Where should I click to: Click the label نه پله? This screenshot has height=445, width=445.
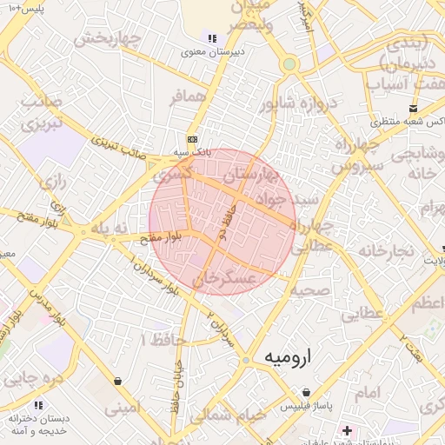[110, 228]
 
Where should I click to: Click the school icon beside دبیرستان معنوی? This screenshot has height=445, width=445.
[210, 37]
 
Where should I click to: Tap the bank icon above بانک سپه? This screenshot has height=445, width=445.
[192, 139]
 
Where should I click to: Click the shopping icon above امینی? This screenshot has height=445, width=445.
[117, 381]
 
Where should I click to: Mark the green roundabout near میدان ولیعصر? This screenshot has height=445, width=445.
[289, 63]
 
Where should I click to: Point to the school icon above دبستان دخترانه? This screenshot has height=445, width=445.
[37, 404]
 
